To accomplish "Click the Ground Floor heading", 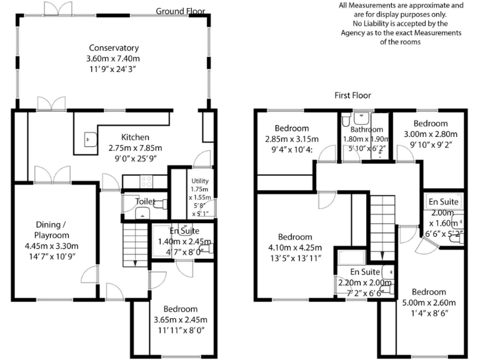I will [180, 11].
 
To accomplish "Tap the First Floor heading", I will [352, 96].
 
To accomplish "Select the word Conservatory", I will [114, 48].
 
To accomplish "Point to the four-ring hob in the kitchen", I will [145, 182].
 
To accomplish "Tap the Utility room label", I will [201, 181].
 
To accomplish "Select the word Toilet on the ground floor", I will [146, 202].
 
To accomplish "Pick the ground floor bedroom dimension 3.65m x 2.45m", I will [180, 319].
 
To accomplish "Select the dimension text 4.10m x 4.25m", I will [294, 248].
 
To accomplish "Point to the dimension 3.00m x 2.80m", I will [431, 134].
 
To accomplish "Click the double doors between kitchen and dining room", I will [52, 176].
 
